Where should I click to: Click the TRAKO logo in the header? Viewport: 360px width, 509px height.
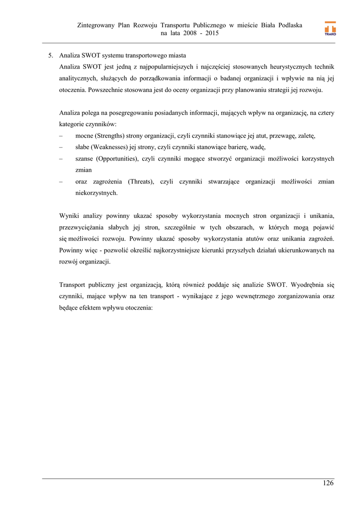330,29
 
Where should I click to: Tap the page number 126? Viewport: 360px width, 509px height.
328,483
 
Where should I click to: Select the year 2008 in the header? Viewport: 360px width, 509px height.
191,33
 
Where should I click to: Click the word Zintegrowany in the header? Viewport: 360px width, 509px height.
96,25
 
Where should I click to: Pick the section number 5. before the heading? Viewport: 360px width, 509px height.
51,55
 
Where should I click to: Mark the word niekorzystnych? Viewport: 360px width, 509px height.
96,193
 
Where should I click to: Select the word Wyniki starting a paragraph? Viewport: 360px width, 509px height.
69,216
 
